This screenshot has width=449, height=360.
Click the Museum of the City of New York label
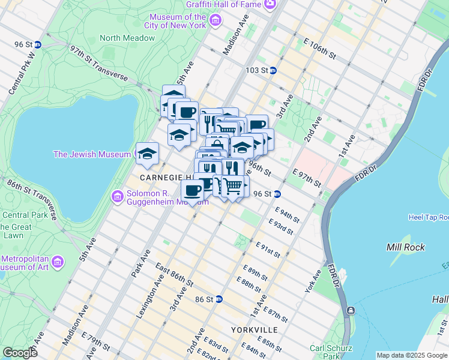click(x=178, y=21)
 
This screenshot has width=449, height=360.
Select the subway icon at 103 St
click(x=273, y=70)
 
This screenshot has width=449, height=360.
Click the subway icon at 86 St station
click(x=219, y=299)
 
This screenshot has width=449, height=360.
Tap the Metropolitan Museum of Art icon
click(x=58, y=262)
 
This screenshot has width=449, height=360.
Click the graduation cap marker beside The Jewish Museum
click(x=147, y=155)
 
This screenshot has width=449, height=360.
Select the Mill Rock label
click(x=406, y=247)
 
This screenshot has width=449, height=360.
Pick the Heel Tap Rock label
click(x=428, y=217)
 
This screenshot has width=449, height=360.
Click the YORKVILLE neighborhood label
click(x=254, y=331)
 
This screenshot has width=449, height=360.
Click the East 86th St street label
click(x=173, y=274)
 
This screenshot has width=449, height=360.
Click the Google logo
click(x=20, y=353)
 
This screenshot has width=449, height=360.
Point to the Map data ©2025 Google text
click(x=411, y=355)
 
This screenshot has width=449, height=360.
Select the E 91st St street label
click(x=268, y=250)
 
